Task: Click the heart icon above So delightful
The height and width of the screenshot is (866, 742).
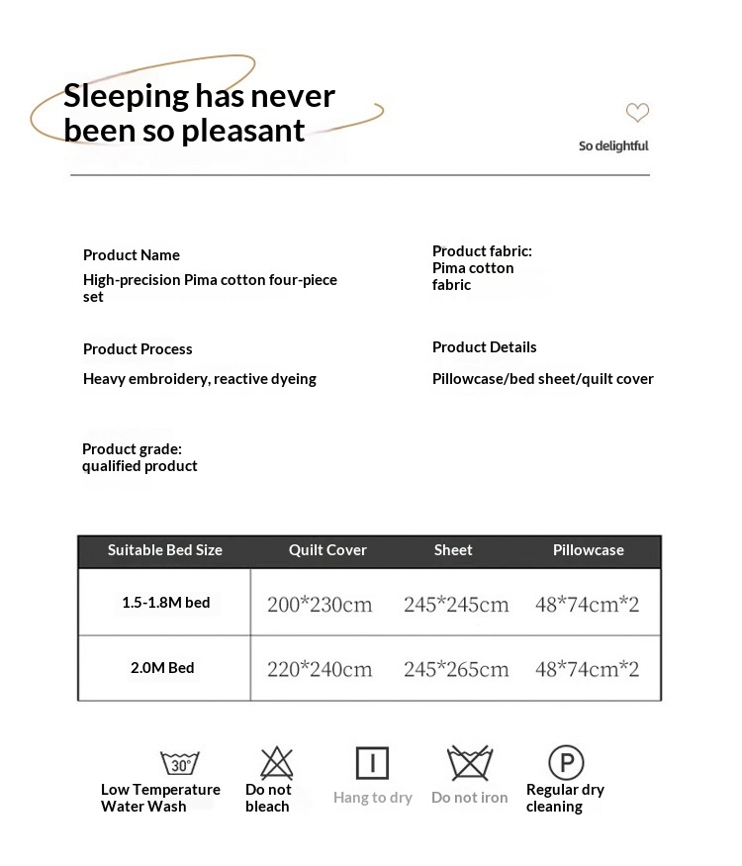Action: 637,113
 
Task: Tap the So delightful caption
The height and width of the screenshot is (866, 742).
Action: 613,146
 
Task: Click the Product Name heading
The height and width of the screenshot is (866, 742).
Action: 132,255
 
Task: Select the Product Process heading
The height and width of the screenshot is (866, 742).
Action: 138,349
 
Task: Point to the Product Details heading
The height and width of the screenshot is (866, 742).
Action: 485,347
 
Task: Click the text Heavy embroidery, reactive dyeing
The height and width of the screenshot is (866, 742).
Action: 200,379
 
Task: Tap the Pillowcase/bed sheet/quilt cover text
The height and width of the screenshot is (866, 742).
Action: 543,379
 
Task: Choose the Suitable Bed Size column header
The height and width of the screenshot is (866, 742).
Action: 165,550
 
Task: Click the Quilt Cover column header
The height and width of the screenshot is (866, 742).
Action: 327,550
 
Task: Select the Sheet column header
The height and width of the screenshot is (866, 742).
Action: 453,550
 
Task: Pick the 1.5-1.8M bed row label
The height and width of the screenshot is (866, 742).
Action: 166,603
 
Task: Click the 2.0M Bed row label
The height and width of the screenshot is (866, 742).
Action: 162,668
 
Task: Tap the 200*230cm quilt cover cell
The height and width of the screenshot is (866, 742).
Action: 320,604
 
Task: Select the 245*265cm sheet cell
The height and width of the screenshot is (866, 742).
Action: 456,669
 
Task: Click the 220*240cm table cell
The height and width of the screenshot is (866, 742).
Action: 320,669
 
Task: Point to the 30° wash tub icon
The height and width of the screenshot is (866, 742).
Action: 180,763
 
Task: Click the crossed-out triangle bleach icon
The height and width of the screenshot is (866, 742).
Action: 277,763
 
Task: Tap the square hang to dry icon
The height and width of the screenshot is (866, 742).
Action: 372,763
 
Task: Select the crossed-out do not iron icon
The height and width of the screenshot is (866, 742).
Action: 469,763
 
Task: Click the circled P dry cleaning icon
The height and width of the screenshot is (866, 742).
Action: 566,763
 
